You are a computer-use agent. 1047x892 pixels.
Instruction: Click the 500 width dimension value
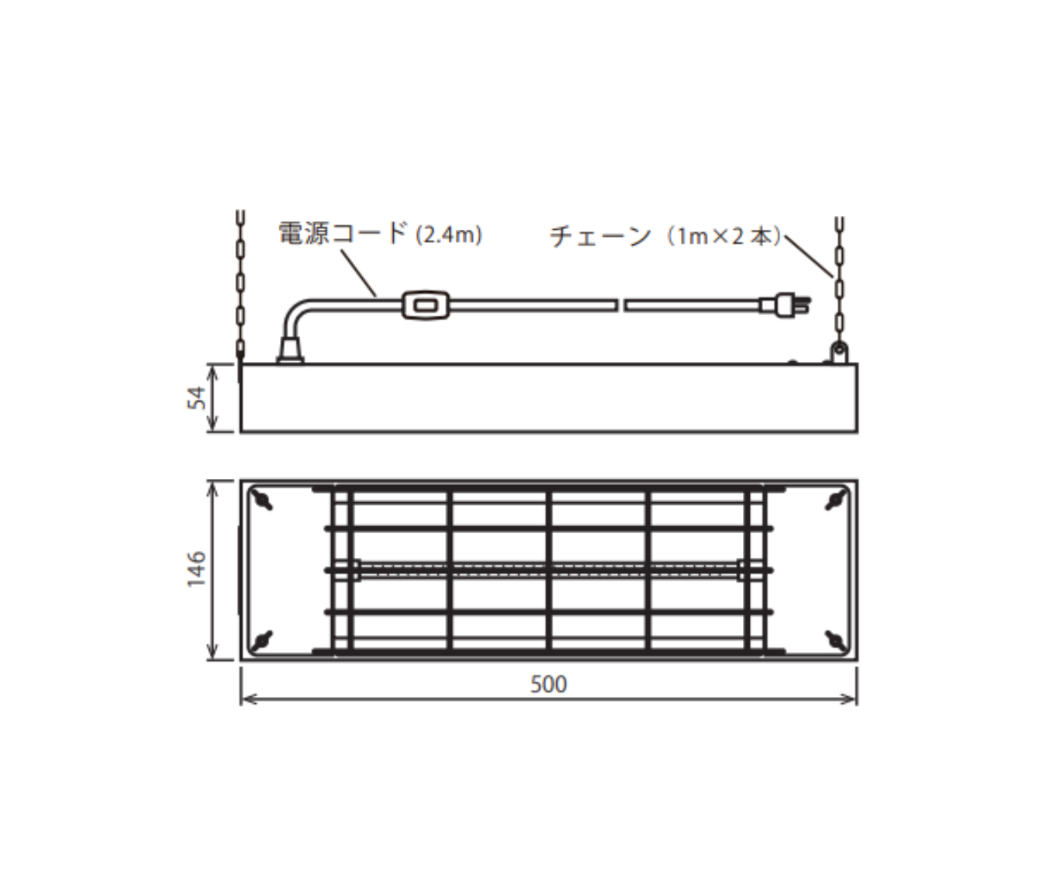tap(549, 684)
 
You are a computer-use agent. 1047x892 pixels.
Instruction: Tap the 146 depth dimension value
tap(197, 569)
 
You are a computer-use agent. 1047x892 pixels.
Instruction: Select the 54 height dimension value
tap(197, 398)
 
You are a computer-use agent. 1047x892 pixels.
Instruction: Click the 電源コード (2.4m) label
tap(380, 234)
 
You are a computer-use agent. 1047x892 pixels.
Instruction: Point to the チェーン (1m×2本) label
tap(666, 237)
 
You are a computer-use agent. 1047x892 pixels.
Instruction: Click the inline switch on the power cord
tap(426, 305)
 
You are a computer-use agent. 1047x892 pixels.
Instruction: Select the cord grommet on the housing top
tap(291, 351)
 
